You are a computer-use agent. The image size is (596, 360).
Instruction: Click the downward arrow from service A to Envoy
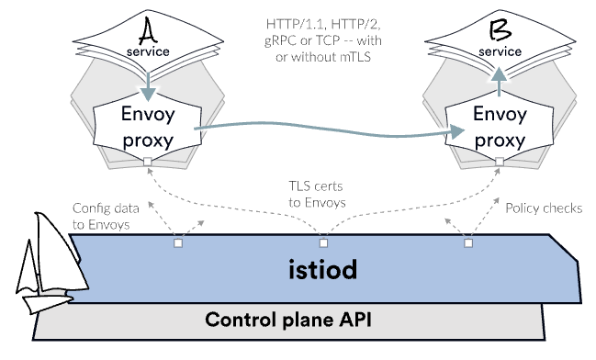click(x=148, y=83)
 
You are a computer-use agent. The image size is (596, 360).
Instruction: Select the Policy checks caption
click(x=544, y=208)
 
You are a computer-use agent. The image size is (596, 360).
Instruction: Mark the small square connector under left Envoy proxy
click(x=148, y=163)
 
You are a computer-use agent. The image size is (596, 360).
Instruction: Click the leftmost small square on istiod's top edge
click(x=178, y=243)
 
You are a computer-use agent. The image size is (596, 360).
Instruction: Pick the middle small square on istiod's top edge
click(x=323, y=243)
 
